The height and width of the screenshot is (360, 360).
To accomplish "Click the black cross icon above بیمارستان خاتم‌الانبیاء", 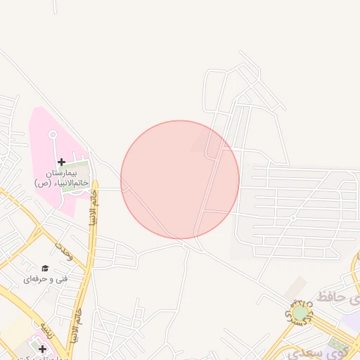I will (x=62, y=162).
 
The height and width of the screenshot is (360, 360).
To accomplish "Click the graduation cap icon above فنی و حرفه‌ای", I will (x=45, y=268).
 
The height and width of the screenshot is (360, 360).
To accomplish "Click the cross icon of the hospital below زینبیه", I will (x=42, y=349).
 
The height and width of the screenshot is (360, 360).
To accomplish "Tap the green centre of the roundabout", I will (x=300, y=312).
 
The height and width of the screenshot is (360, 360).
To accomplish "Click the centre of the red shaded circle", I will (x=180, y=179).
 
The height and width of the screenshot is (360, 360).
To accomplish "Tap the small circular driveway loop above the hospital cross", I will (x=53, y=134).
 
